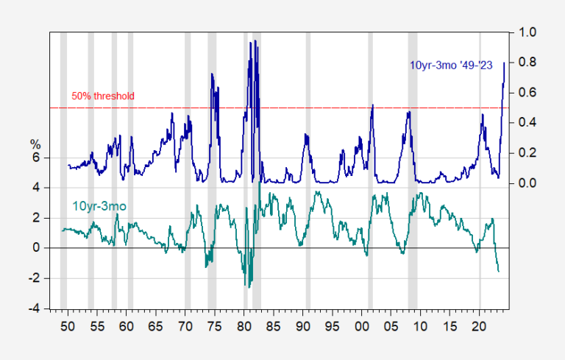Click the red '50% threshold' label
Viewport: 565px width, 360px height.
103,96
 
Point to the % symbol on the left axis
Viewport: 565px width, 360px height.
35,144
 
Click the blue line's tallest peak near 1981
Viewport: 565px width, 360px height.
252,42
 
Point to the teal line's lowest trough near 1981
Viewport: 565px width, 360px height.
249,287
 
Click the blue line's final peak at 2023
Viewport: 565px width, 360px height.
504,63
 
